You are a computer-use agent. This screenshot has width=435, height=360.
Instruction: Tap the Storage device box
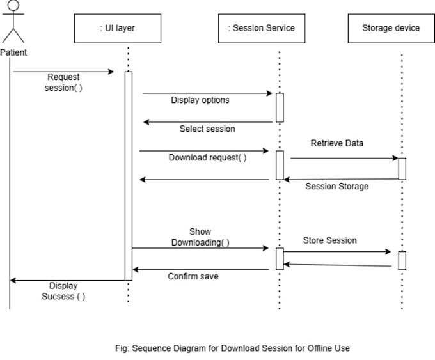pyautogui.click(x=390, y=28)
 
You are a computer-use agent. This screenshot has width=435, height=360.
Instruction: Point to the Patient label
pyautogui.click(x=13, y=52)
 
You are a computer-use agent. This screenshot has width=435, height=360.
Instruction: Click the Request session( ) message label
pyautogui.click(x=63, y=82)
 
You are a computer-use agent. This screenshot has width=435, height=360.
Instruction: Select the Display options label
pyautogui.click(x=200, y=100)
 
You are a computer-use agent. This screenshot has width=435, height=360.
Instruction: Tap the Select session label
pyautogui.click(x=207, y=129)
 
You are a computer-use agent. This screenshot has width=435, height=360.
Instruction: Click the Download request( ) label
pyautogui.click(x=207, y=157)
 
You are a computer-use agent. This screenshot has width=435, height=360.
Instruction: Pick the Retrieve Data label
pyautogui.click(x=336, y=143)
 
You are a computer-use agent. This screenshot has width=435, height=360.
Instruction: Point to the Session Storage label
pyautogui.click(x=336, y=187)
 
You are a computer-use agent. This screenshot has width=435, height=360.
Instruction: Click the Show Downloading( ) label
pyautogui.click(x=200, y=237)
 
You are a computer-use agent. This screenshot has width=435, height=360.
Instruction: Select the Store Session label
pyautogui.click(x=329, y=240)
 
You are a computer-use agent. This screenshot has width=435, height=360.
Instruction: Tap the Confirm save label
pyautogui.click(x=193, y=276)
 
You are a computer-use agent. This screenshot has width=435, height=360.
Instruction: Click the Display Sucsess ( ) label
pyautogui.click(x=63, y=291)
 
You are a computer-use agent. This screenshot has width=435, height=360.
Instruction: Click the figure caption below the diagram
pyautogui.click(x=232, y=348)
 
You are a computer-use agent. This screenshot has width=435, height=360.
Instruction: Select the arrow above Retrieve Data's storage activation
pyautogui.click(x=344, y=157)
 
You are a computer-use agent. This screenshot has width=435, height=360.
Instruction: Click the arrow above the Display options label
pyautogui.click(x=207, y=93)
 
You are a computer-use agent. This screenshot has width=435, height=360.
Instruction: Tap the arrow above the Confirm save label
pyautogui.click(x=200, y=269)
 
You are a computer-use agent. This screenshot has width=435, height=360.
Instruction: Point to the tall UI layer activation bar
pyautogui.click(x=128, y=176)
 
